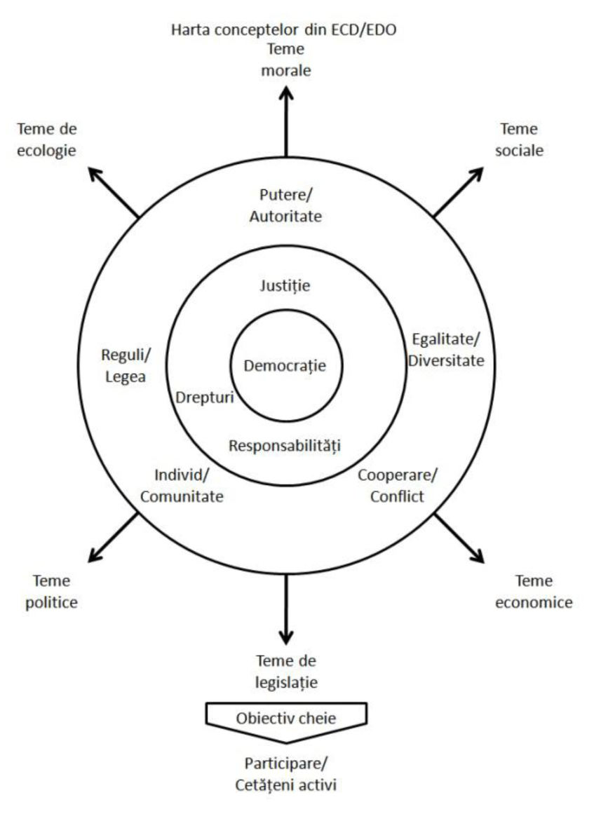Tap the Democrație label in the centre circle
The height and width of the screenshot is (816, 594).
tap(285, 365)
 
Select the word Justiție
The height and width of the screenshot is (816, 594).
tap(285, 285)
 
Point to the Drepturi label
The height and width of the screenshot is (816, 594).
tap(204, 397)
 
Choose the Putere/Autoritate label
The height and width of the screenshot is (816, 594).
tap(285, 207)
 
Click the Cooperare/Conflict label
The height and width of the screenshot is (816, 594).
tap(398, 486)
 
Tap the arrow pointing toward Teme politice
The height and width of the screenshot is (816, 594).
tap(114, 536)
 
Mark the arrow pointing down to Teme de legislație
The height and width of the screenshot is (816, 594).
tap(285, 607)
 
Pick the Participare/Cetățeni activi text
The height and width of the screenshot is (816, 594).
tap(285, 773)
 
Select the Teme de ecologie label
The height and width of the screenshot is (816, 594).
tap(47, 140)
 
